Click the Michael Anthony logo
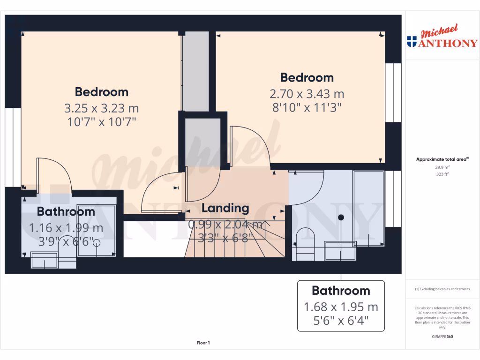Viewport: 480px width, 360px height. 442,37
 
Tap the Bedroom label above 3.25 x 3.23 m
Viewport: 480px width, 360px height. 102,92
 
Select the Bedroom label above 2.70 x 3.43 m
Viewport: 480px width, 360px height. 307,77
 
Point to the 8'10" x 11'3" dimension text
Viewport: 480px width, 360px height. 307,107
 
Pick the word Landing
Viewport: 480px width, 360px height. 225,208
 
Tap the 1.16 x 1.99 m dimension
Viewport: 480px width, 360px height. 66,228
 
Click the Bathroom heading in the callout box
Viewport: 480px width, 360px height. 341,291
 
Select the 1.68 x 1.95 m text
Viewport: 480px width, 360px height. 341,307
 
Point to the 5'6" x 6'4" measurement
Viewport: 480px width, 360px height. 341,322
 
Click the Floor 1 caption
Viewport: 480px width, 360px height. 203,343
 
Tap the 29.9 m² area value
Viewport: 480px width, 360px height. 442,167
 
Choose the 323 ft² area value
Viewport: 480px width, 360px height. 442,174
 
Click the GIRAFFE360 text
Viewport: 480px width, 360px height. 442,337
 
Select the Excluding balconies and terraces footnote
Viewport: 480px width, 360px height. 442,289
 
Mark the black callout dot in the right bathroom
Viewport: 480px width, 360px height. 341,217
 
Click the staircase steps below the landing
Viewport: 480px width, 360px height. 234,244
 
